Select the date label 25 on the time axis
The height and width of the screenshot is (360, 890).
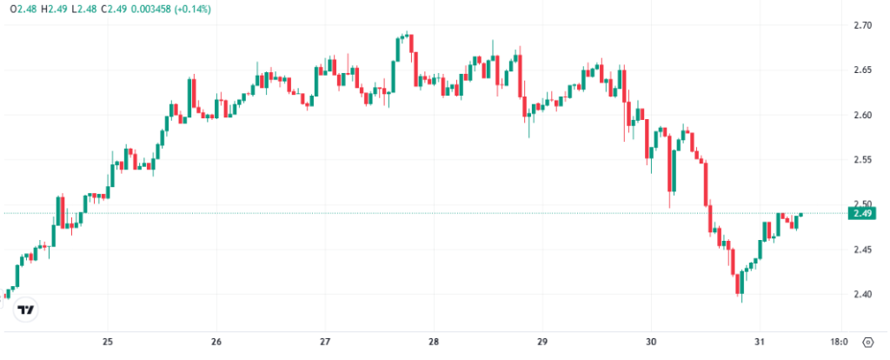(x=108, y=342)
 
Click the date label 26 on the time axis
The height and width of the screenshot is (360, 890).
(x=216, y=342)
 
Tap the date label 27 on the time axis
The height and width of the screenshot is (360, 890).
(x=325, y=342)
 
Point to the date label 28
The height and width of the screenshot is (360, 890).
(x=434, y=342)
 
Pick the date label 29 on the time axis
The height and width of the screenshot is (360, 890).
(x=542, y=342)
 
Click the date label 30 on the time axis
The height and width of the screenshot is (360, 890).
(x=651, y=342)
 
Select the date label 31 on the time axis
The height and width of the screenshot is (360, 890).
(x=760, y=342)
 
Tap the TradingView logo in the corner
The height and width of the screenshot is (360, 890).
(x=26, y=310)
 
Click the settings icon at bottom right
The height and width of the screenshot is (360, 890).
(x=867, y=342)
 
